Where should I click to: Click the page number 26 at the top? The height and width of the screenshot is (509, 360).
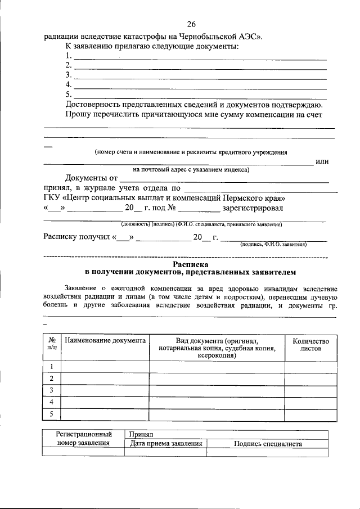[x=191, y=24]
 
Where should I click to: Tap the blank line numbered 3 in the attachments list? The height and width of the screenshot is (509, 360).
[x=200, y=76]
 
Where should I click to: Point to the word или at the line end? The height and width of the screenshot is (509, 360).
[x=322, y=161]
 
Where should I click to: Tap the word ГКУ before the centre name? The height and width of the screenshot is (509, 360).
[x=52, y=199]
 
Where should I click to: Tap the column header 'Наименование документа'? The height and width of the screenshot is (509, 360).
[x=105, y=341]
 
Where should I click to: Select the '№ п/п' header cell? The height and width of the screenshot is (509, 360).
[x=52, y=345]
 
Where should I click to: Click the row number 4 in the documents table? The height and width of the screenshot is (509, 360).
[x=52, y=402]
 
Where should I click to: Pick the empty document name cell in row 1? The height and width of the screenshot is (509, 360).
[x=105, y=367]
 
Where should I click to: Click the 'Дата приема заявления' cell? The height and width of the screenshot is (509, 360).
[x=166, y=444]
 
